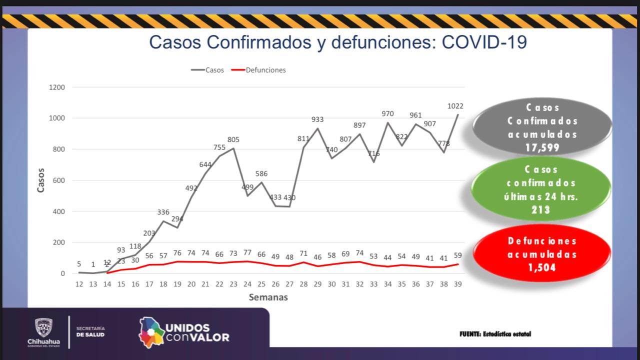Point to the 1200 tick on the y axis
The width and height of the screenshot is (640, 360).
click(57, 87)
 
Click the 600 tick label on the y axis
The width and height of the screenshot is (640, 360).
click(59, 180)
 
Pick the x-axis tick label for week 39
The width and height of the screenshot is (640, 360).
click(457, 284)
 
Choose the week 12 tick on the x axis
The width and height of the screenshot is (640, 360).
click(79, 284)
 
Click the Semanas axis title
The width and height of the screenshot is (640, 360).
click(268, 297)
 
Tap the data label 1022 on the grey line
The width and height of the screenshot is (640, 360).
click(455, 106)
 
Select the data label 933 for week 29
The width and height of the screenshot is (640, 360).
click(317, 119)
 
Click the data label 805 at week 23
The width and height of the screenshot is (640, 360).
click(233, 139)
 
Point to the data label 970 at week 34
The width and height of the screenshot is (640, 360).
click(387, 113)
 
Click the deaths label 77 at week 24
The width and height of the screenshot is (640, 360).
click(247, 252)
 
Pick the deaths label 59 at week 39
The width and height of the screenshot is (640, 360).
click(457, 255)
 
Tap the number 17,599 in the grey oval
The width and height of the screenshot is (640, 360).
click(542, 148)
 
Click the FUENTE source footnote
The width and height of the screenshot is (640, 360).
click(495, 334)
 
